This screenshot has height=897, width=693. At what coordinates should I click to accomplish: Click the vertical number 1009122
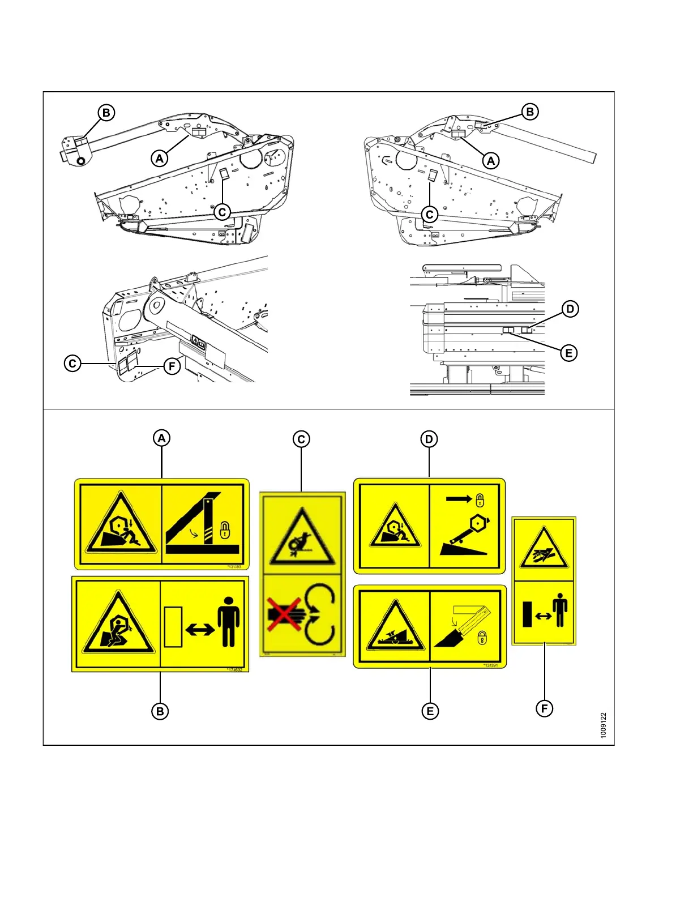click(604, 725)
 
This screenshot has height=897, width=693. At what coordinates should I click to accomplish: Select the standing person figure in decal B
click(228, 621)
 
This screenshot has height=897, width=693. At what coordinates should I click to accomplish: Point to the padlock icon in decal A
click(225, 530)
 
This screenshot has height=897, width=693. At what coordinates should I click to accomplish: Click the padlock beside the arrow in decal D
click(480, 500)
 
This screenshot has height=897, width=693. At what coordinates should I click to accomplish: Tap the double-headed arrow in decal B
click(200, 629)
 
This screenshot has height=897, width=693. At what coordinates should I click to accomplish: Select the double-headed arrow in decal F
click(543, 616)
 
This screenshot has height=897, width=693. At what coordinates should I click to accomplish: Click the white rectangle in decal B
click(173, 626)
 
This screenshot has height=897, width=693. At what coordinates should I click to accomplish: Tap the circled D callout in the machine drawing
click(570, 309)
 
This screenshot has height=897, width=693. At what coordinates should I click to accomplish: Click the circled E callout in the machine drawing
click(569, 353)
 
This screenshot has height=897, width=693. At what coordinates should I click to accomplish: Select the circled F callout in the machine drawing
click(172, 366)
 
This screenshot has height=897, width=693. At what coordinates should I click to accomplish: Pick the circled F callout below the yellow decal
click(545, 708)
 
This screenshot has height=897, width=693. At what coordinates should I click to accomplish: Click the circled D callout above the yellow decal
click(429, 439)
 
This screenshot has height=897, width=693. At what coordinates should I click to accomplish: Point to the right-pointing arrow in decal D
click(457, 499)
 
